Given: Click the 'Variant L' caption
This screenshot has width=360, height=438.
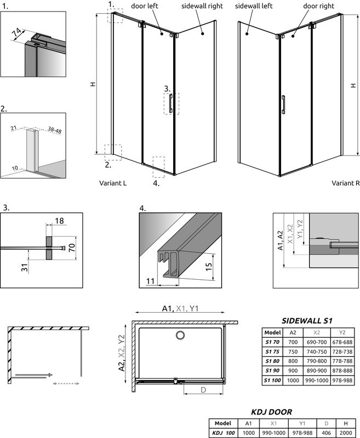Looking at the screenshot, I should pyautogui.click(x=113, y=183).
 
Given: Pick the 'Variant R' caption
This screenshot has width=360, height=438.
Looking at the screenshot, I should pyautogui.click(x=345, y=183).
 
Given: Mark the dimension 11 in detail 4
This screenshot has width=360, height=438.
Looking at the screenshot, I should pyautogui.click(x=150, y=282).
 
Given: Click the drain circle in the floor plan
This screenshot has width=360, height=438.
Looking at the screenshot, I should pyautogui.click(x=180, y=335).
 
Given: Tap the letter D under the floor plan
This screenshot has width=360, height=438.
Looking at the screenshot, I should pyautogui.click(x=204, y=390).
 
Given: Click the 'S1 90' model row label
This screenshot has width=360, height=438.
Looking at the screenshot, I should pyautogui.click(x=272, y=371).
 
